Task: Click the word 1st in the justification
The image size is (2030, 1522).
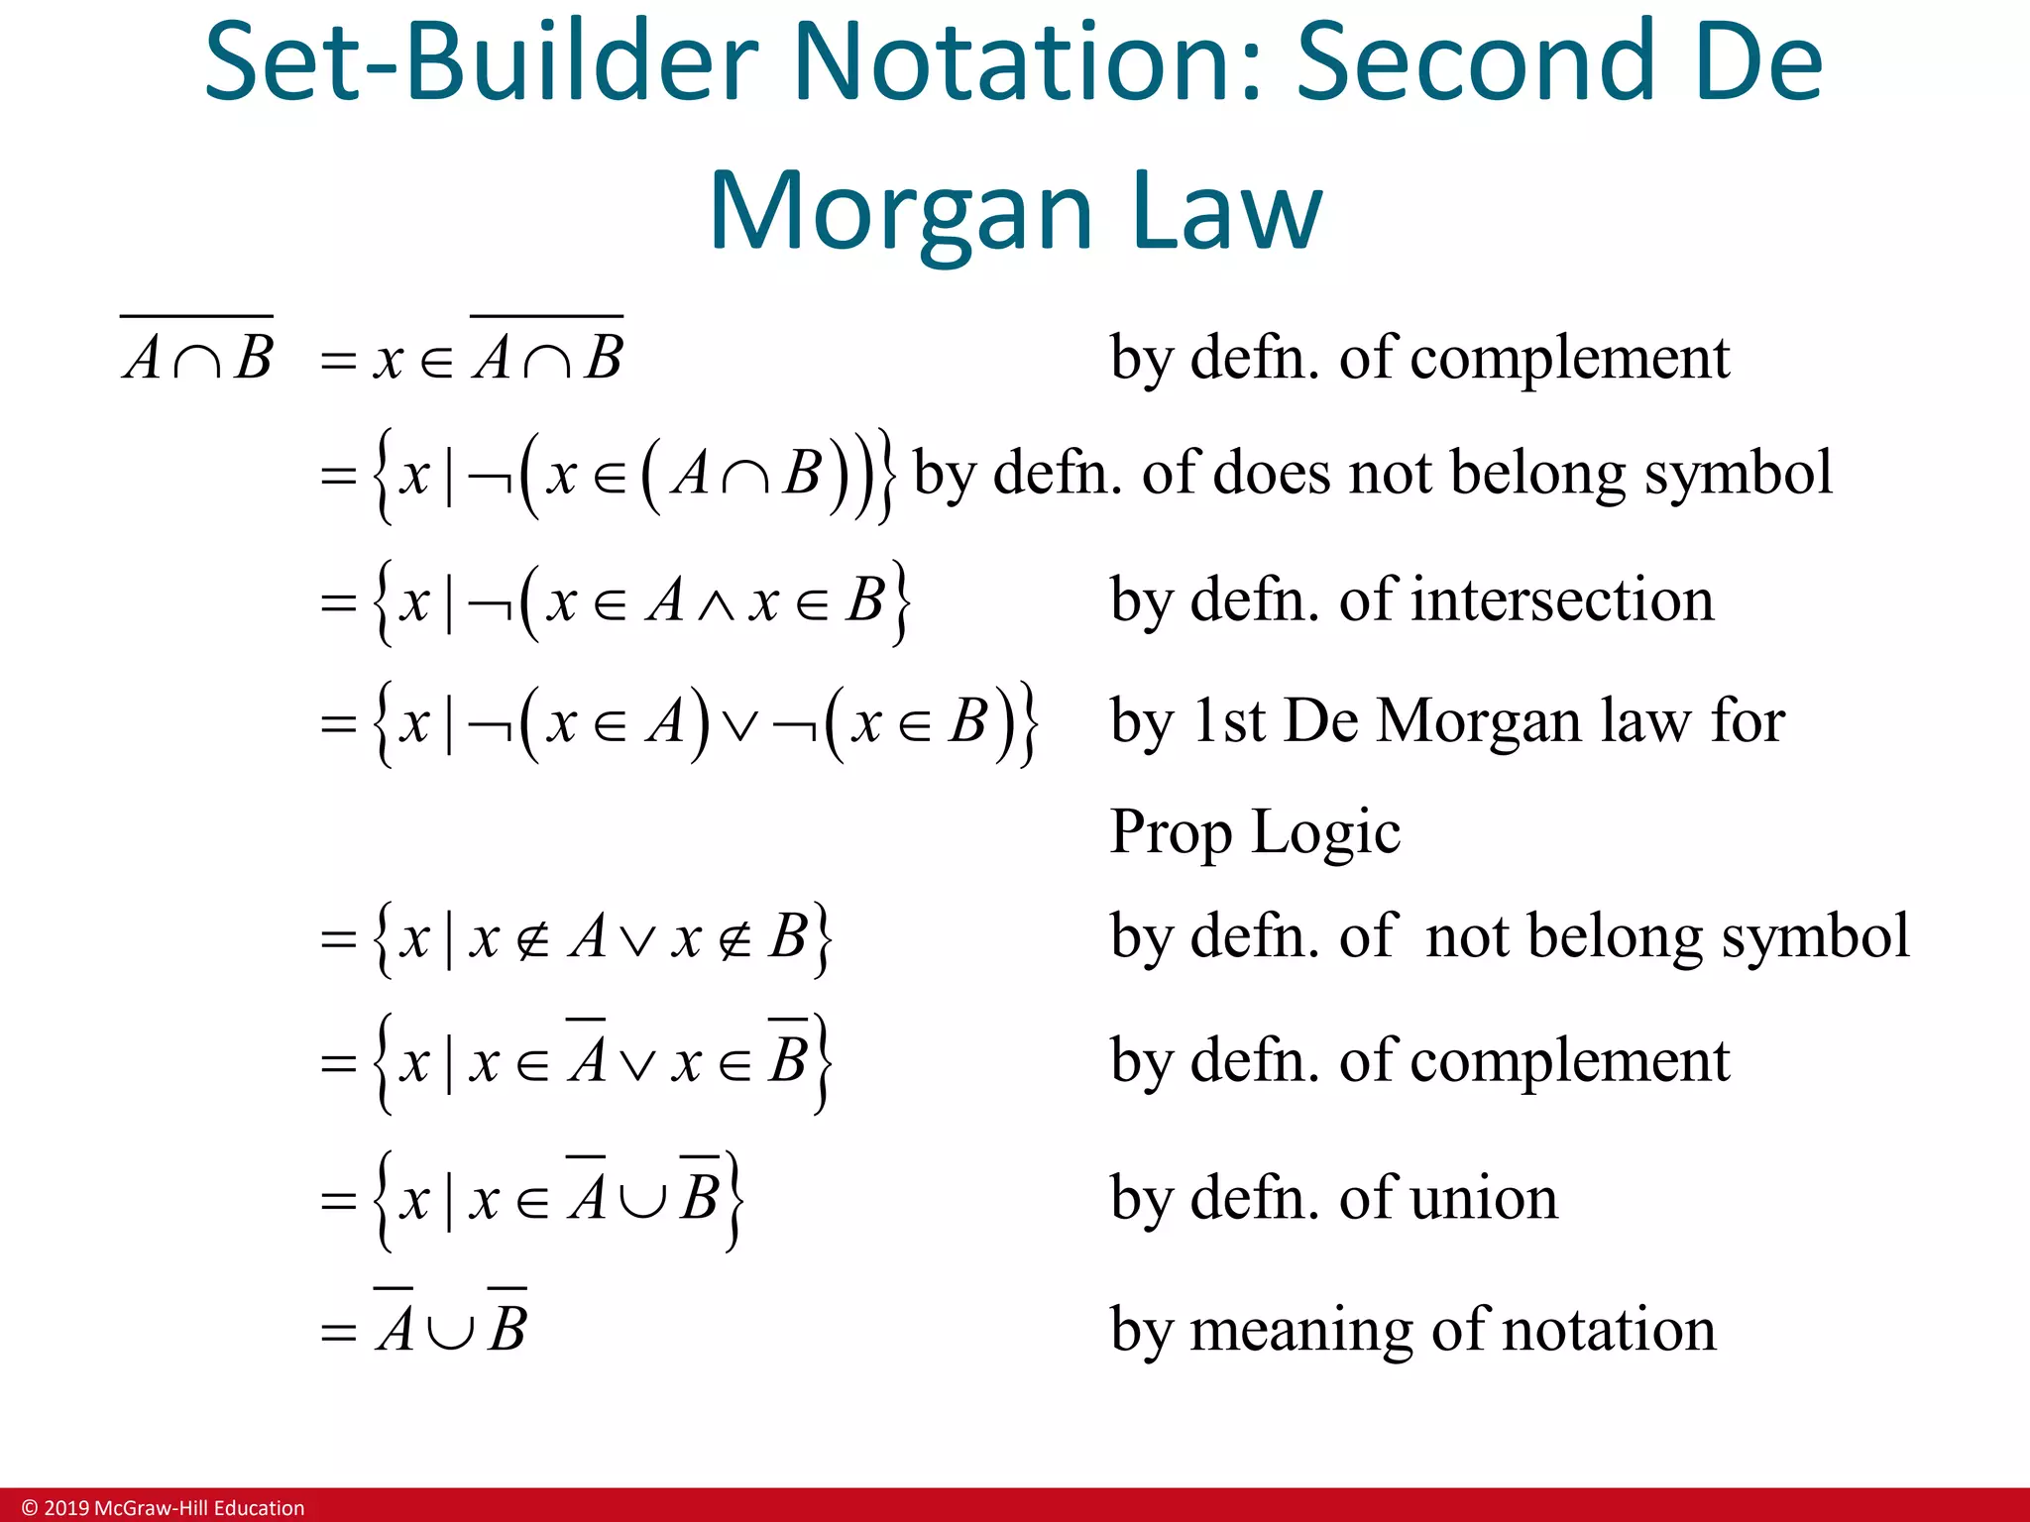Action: pos(1228,720)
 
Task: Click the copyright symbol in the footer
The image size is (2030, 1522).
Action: pos(30,1508)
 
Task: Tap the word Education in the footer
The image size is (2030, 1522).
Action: pos(259,1508)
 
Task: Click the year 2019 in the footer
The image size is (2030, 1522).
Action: pos(65,1508)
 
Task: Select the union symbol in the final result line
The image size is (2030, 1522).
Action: pos(450,1331)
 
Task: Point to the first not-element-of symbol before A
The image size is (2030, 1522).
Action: pos(533,938)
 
